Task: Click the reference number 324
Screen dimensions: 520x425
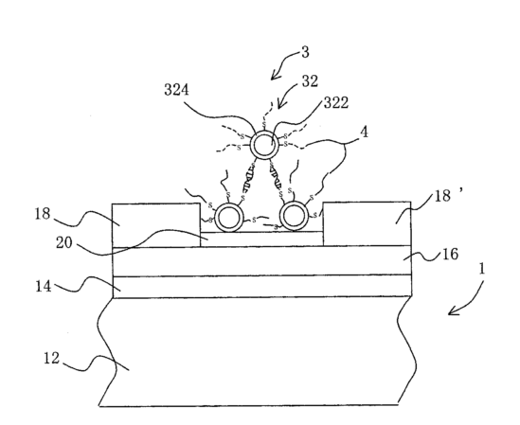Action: click(x=177, y=90)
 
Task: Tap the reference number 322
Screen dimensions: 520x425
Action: click(x=336, y=103)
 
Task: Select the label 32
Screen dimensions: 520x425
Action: click(x=310, y=80)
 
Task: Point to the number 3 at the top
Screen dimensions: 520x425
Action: click(x=305, y=52)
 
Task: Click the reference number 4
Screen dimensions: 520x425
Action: click(x=364, y=133)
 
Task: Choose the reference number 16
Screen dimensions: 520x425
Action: click(x=450, y=255)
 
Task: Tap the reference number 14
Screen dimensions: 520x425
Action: click(x=44, y=286)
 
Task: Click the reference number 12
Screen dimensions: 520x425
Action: click(x=52, y=359)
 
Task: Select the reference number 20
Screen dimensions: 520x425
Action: click(x=64, y=242)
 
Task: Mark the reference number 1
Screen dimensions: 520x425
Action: click(x=481, y=269)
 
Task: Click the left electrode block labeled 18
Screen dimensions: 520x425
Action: click(x=156, y=225)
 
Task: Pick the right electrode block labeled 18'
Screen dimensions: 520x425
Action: click(x=368, y=223)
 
